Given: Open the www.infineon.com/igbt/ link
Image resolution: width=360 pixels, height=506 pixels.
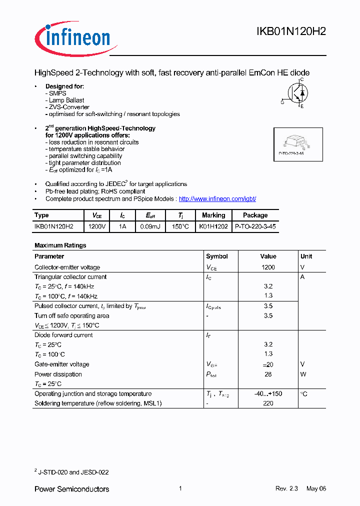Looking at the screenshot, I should [x=217, y=199].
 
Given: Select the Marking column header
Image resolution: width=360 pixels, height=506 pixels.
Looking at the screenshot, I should [x=213, y=215].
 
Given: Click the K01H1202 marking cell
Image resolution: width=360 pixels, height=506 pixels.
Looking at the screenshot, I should [x=213, y=226].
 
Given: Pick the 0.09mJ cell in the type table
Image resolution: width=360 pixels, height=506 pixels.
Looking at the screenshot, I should [x=150, y=226].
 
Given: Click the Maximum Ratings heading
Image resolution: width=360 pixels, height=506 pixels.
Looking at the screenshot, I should [x=60, y=245].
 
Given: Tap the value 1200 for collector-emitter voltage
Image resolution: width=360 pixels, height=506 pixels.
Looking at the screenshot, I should [x=268, y=267].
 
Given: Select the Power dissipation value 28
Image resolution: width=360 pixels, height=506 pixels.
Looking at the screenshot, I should [x=268, y=374].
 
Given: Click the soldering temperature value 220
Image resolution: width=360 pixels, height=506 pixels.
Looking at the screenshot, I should [x=268, y=403].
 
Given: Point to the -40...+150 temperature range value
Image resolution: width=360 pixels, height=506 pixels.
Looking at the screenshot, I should [x=268, y=394].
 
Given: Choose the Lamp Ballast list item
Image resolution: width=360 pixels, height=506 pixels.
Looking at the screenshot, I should [x=66, y=100].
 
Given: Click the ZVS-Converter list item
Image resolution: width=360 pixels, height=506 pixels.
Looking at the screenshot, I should [x=69, y=107].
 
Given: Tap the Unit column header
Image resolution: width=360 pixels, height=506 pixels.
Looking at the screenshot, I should [x=306, y=256].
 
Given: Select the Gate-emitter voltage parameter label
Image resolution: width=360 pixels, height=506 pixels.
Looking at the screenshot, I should [x=62, y=364].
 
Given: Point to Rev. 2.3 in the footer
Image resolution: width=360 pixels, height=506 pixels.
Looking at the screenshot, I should [x=286, y=488].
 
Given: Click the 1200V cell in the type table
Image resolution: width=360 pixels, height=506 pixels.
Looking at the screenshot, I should [x=97, y=226].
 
